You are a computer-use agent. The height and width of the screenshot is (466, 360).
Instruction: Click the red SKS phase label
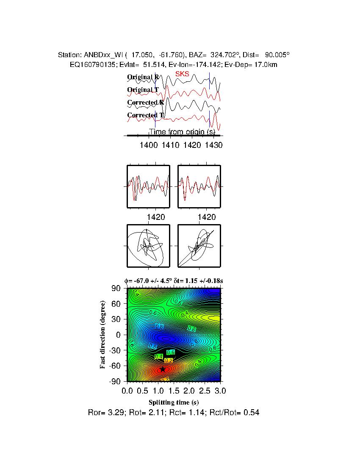182,73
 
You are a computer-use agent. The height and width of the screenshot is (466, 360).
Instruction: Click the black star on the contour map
162,369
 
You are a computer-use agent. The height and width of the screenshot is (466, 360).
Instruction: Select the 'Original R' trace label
143,77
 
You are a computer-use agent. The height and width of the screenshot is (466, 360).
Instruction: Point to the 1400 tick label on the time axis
149,145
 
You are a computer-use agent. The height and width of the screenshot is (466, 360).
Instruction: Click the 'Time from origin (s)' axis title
184,132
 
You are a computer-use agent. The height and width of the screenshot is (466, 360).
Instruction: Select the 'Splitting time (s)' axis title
174,402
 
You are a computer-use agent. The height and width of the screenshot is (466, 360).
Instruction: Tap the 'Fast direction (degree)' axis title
102,335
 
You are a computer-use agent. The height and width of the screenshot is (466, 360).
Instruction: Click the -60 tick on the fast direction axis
115,366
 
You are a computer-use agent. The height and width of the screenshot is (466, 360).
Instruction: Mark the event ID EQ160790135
90,64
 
